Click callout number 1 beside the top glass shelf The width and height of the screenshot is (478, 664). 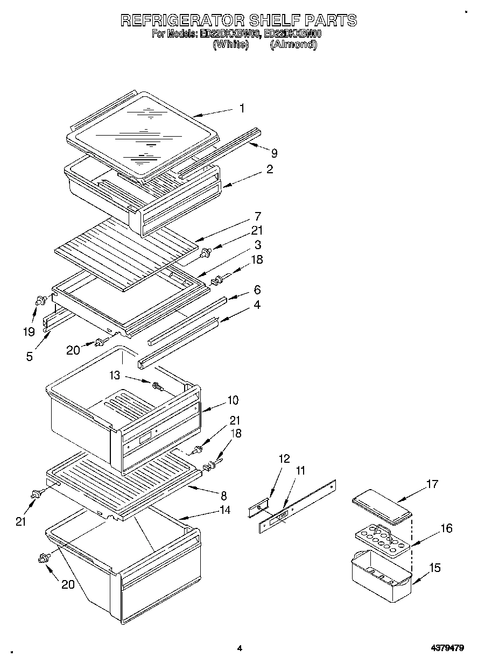point(242,108)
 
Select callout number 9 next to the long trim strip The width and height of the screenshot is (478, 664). point(274,153)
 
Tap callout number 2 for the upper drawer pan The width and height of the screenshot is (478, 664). point(269,169)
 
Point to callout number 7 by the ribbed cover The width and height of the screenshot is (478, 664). point(258,217)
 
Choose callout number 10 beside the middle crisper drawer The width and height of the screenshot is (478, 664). point(233,400)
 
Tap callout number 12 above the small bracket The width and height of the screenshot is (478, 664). point(284,459)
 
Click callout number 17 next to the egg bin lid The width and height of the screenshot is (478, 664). point(431,484)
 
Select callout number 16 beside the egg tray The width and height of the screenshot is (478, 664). point(446,528)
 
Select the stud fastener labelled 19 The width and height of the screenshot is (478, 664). point(40,301)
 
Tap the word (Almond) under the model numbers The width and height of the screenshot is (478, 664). point(293,45)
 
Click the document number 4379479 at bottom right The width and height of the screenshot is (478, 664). point(447,648)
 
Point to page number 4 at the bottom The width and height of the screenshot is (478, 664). point(240,648)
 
